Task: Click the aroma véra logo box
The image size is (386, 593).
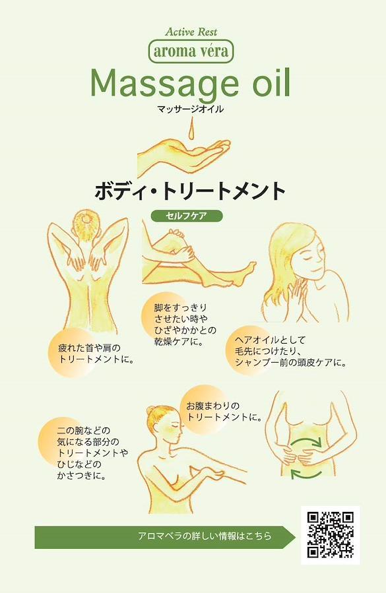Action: [x=191, y=51]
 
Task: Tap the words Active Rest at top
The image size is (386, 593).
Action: [x=191, y=32]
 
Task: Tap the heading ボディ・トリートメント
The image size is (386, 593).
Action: [x=189, y=191]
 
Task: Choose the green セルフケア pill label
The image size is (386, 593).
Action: [x=187, y=216]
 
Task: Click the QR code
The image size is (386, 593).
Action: [x=330, y=535]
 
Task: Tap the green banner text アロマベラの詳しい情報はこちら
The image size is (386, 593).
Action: [x=205, y=536]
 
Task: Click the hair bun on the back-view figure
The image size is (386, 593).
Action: [x=86, y=218]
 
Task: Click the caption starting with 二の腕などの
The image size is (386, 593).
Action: [x=92, y=453]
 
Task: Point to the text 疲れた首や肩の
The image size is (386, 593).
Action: [x=89, y=348]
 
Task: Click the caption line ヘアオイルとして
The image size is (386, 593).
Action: [x=270, y=340]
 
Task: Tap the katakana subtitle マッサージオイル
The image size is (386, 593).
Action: [x=190, y=109]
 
